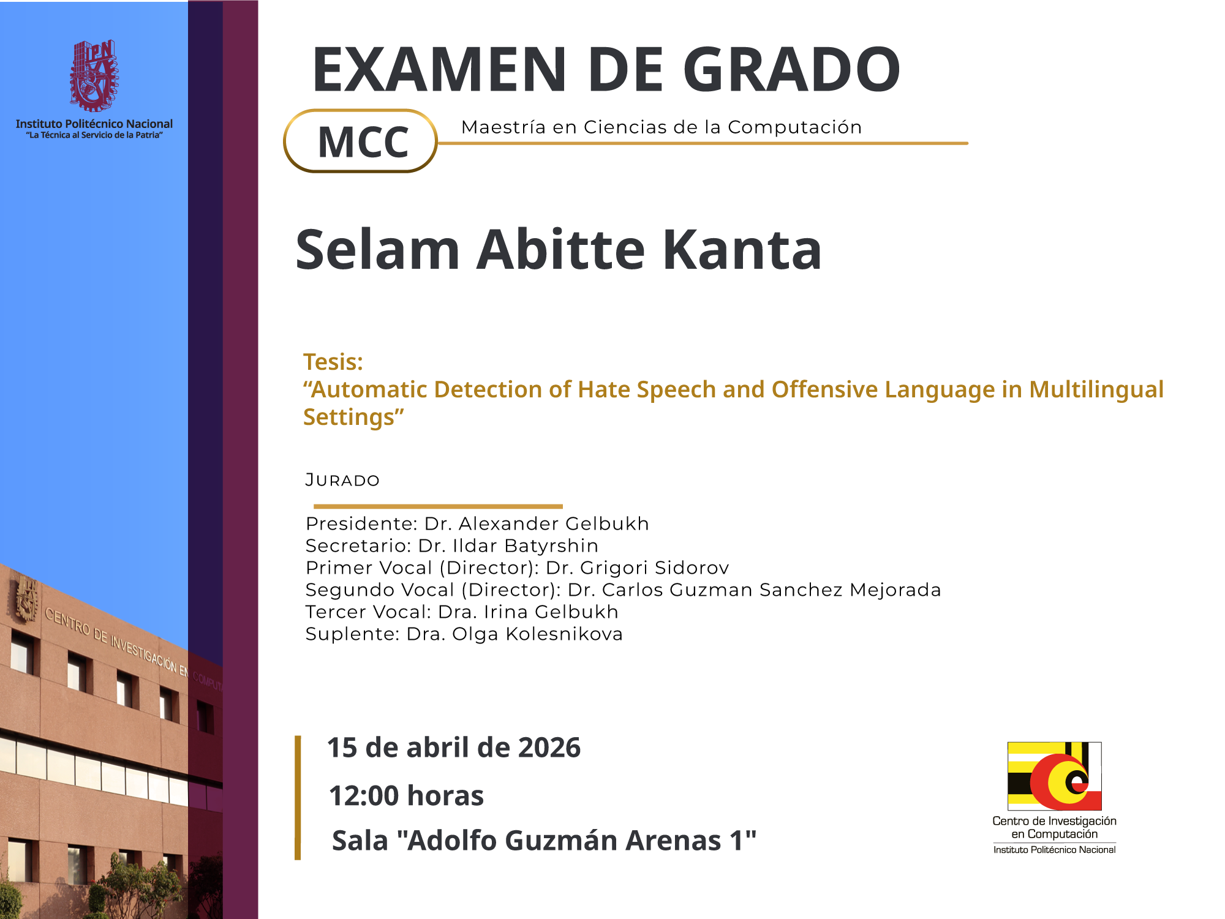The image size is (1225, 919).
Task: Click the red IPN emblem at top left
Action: coord(94,76)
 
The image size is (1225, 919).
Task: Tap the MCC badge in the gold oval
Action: coord(361,141)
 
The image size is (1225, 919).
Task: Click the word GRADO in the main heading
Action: coord(791,69)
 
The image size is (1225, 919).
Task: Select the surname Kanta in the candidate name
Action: coord(742,249)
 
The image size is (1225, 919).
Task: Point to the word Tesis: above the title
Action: coord(333,362)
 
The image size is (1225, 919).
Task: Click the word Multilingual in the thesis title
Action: coord(1096,389)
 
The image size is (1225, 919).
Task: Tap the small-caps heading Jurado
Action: coord(342,480)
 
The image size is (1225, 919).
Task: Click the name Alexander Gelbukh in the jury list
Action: coord(554,523)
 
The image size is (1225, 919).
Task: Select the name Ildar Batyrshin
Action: coord(526,546)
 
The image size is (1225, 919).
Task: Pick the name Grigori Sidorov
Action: coord(655,568)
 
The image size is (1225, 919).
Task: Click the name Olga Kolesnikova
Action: coord(537,634)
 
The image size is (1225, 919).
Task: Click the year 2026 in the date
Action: coord(549,748)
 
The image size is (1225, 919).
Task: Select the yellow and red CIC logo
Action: coord(1055,776)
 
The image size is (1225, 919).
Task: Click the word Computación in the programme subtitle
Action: coord(794,127)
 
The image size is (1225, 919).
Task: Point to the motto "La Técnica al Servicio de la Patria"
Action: coord(94,135)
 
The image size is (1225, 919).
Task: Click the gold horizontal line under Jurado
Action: coord(438,506)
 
